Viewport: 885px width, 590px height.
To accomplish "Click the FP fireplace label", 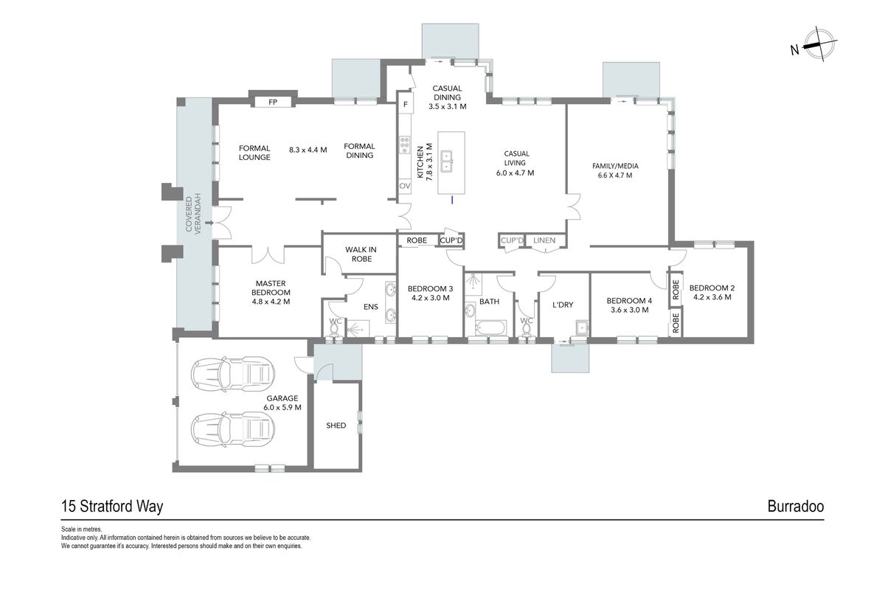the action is click(x=273, y=102).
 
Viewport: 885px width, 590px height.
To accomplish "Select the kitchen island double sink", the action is click(x=447, y=162).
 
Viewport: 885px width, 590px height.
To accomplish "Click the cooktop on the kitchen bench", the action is click(x=404, y=145).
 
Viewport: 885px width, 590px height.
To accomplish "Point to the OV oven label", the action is click(x=405, y=186).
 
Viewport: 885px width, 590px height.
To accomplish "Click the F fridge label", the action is click(x=406, y=105).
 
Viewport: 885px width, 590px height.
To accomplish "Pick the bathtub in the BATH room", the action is click(x=490, y=327).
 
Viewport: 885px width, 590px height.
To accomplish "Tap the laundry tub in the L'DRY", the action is click(x=582, y=327).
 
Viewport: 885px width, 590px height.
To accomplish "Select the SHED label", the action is click(x=336, y=426).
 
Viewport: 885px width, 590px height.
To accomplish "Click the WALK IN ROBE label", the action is click(x=361, y=254).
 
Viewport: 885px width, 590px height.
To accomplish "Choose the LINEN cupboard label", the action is click(x=544, y=240).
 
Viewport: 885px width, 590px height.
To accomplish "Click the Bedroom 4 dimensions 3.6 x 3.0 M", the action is click(x=629, y=310).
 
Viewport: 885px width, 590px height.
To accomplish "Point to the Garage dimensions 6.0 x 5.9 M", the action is click(x=282, y=407).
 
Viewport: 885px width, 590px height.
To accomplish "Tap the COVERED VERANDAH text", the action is click(x=193, y=214).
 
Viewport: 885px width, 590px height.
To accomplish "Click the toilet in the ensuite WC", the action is click(x=335, y=329).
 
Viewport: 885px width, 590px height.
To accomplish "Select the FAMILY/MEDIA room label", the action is click(x=615, y=166).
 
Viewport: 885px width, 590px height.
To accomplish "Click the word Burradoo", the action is click(x=795, y=506).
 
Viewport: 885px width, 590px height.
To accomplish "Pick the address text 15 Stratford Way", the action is click(x=112, y=507).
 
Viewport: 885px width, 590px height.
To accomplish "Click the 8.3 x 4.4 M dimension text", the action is click(x=308, y=150).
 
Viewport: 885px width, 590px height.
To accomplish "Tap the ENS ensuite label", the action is click(x=370, y=307).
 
